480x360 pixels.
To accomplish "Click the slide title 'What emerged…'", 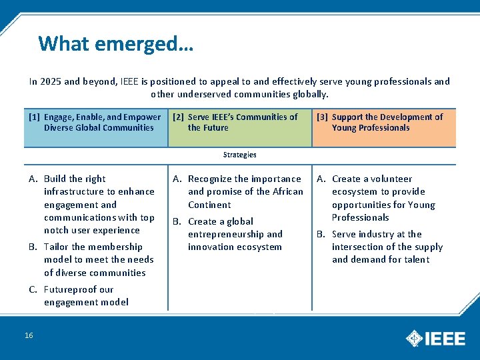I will point(116,43).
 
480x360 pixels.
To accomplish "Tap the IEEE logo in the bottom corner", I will point(436,338).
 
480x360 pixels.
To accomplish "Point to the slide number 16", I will point(29,335).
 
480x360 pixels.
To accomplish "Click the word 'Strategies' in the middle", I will point(240,155).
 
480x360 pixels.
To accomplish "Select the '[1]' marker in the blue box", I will point(35,117).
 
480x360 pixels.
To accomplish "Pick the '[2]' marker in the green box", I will point(179,117).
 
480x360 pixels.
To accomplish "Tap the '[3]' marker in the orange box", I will point(323,117).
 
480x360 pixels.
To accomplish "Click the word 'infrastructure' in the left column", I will point(75,191).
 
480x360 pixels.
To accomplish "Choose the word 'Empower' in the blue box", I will point(142,117).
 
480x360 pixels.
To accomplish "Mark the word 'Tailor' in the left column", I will point(56,247).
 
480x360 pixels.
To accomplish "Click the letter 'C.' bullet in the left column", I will point(33,289).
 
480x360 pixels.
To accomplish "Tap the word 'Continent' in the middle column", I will point(209,205).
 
